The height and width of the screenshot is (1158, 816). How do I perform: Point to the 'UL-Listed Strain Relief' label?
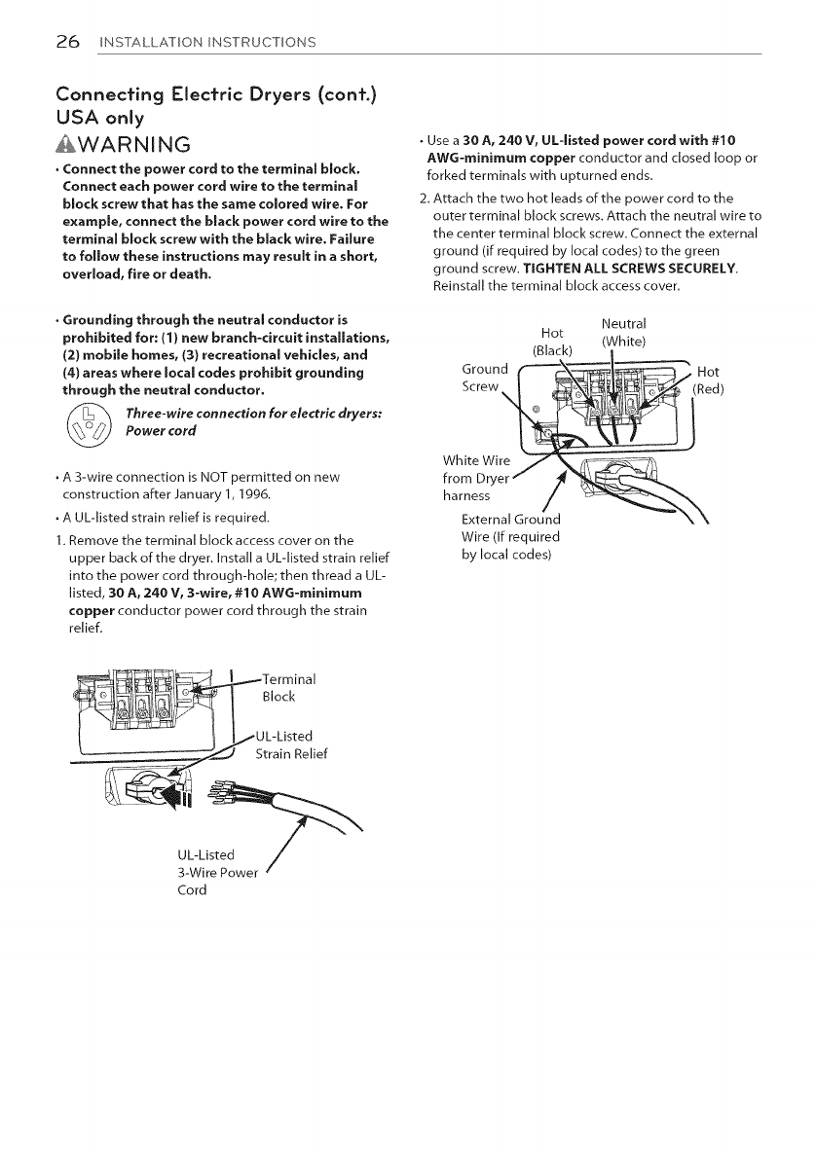point(292,744)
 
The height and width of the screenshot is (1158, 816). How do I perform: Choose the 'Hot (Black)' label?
point(553,342)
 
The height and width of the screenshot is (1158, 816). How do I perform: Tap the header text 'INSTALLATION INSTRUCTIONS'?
point(205,43)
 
